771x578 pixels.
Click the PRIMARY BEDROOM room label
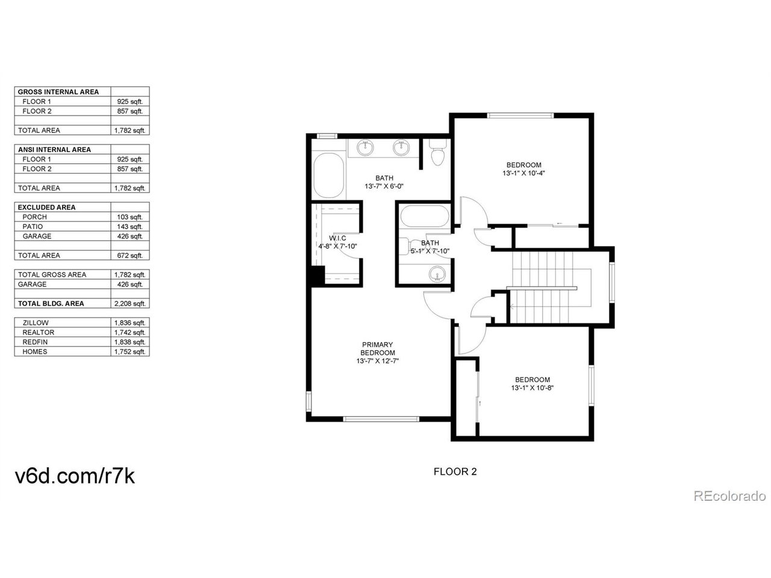coord(377,349)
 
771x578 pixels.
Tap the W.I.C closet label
coord(337,238)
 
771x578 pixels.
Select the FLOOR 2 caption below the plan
coord(455,471)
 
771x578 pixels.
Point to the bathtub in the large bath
coord(329,175)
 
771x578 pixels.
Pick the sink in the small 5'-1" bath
coord(437,273)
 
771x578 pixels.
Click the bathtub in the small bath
coord(424,216)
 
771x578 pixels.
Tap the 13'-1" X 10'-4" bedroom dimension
coord(523,173)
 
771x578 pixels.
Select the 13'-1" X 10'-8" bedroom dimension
coord(532,388)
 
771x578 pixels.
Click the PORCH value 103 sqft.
coord(130,217)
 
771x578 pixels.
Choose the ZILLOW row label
coord(36,323)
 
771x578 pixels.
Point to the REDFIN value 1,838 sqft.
coord(130,342)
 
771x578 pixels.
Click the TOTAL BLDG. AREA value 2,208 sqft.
coord(130,303)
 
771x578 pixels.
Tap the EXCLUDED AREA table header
coord(47,207)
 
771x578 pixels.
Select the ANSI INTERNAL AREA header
coord(54,149)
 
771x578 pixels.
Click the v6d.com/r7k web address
coord(75,476)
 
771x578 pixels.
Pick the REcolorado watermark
coord(729,496)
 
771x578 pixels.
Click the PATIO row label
coord(33,227)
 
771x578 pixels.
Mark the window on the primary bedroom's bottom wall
coord(381,418)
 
